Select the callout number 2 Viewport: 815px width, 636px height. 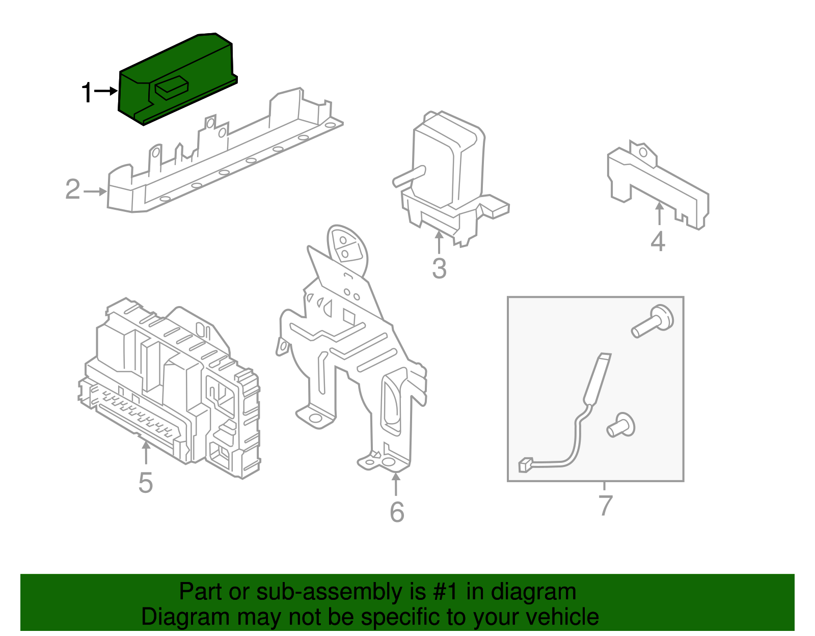pos(73,189)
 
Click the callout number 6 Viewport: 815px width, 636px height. pos(397,512)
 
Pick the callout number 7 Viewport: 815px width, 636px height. pos(605,505)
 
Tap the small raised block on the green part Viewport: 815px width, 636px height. pos(171,88)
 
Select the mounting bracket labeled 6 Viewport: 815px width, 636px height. pos(352,348)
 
